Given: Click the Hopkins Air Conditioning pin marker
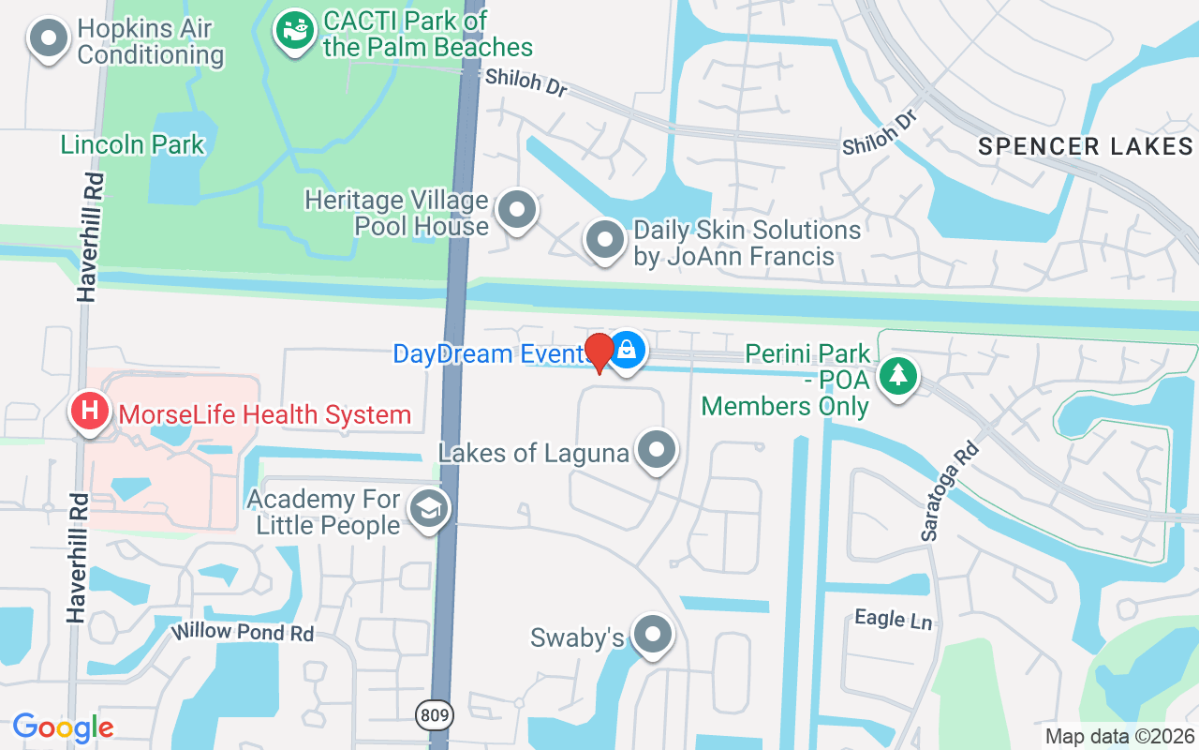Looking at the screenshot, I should click(x=49, y=40).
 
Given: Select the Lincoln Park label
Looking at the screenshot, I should click(x=132, y=144).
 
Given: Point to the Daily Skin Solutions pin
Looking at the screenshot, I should click(x=605, y=240).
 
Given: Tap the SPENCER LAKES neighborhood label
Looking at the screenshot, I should click(x=1086, y=146).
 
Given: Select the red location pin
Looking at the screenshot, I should click(x=599, y=352).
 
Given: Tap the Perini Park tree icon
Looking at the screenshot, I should click(x=898, y=377).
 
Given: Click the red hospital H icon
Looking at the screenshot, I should click(x=90, y=412).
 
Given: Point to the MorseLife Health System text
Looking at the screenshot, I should click(x=261, y=413).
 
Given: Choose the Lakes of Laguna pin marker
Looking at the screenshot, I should click(x=657, y=450).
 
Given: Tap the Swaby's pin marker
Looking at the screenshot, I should click(x=653, y=636).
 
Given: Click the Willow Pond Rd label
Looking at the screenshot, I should click(x=243, y=632).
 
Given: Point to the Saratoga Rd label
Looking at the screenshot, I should click(x=949, y=492).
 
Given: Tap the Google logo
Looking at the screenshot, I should click(x=63, y=727).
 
